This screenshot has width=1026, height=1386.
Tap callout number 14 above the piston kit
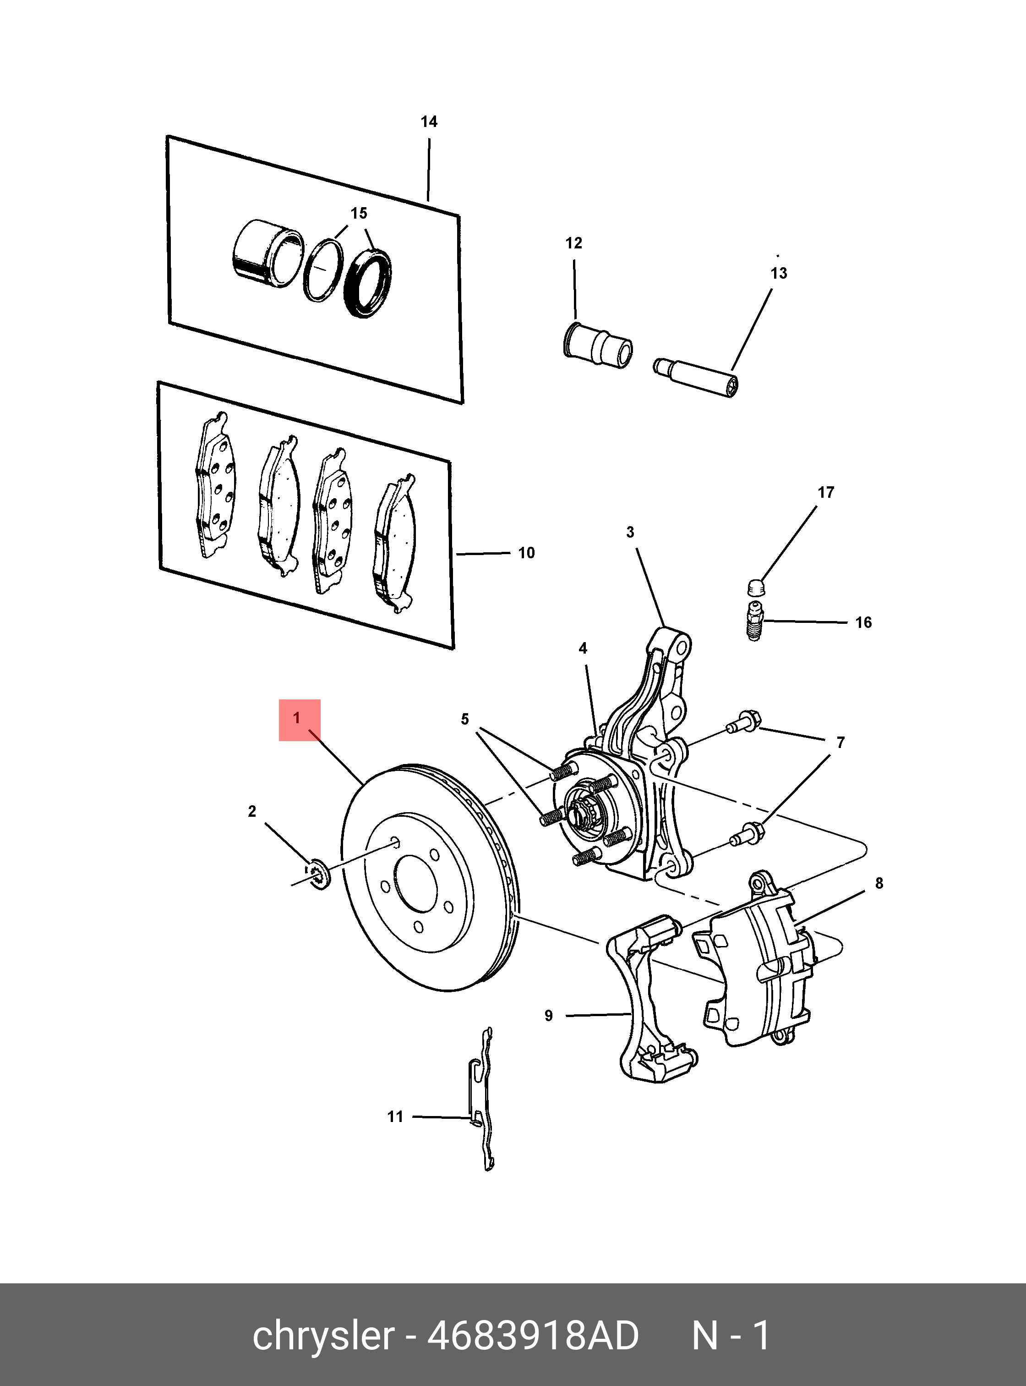[x=429, y=122]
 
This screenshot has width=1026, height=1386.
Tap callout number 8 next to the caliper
[x=879, y=883]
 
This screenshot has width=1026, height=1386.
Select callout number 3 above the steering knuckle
[x=630, y=532]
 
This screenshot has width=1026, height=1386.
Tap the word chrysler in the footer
[x=323, y=1336]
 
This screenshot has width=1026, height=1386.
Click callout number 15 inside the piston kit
[x=359, y=214]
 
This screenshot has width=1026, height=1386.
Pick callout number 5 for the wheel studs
[x=464, y=719]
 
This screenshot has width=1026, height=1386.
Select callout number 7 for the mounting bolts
[x=840, y=742]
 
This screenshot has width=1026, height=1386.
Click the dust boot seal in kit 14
[x=368, y=282]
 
